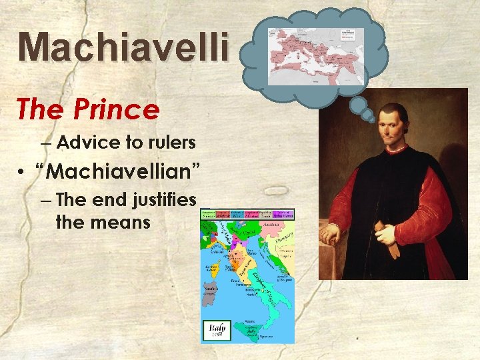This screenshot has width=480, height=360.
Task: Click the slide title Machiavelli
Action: point(124,47)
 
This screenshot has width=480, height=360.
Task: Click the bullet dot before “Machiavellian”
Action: point(22,172)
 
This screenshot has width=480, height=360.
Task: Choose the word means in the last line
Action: point(125,221)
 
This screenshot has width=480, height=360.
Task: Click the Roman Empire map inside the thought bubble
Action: point(315,56)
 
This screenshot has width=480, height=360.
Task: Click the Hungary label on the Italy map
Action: point(285,237)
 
